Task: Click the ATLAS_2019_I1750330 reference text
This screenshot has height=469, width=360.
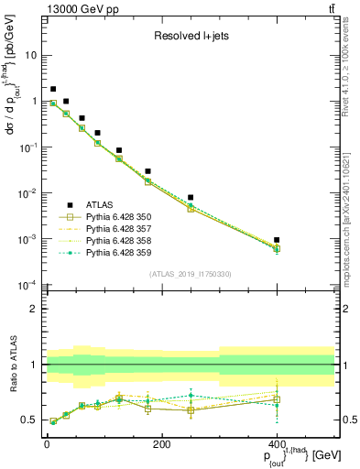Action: point(189,274)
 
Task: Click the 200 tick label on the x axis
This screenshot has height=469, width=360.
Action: point(161,444)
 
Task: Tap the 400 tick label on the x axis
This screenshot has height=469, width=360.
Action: point(277,444)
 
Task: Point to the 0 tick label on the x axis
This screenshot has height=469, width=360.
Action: point(47,444)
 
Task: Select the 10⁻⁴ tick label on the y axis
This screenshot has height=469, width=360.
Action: point(29,285)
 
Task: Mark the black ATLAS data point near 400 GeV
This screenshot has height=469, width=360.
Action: point(277,240)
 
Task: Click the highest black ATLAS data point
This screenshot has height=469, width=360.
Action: point(53,89)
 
